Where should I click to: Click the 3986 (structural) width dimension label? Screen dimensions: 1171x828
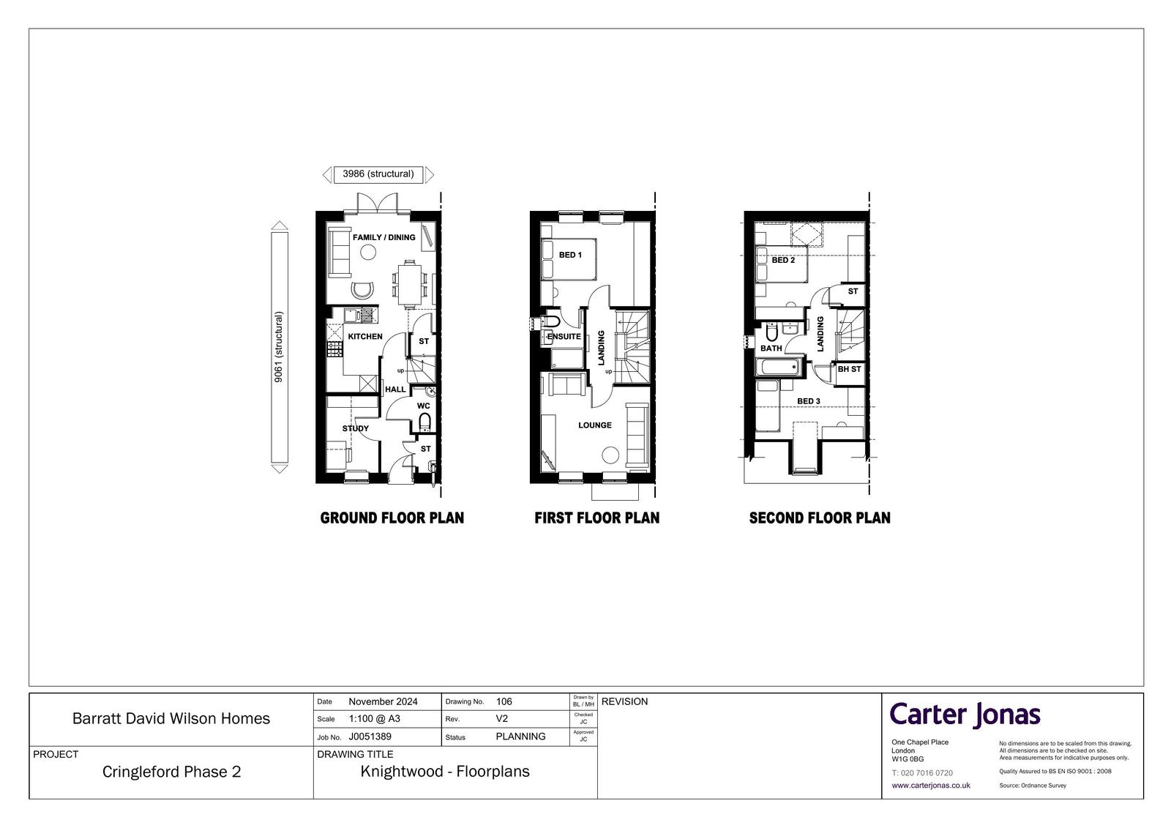pos(378,174)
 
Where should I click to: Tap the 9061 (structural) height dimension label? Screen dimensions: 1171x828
pos(279,347)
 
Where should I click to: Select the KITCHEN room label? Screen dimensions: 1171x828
pos(365,336)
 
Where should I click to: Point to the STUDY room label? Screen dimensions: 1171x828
pos(356,428)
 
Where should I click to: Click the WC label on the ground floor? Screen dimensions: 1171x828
pos(424,406)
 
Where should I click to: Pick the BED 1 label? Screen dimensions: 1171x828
pos(570,255)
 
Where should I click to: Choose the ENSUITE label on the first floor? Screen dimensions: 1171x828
pos(564,336)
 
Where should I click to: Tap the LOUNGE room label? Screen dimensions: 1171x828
pos(595,425)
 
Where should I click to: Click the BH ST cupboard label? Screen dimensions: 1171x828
pos(849,369)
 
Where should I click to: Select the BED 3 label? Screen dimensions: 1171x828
pos(809,401)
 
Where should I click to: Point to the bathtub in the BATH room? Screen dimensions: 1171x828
pos(779,367)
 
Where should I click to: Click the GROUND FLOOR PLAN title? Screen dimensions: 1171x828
pos(392,518)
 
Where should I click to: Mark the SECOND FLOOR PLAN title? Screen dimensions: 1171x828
pos(820,518)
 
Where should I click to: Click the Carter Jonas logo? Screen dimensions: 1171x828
pos(965,715)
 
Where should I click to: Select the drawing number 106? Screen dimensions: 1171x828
pos(504,701)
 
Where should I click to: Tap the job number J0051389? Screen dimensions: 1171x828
pos(370,736)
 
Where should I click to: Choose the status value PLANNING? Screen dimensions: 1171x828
pos(520,736)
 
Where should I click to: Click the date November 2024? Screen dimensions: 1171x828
pos(384,701)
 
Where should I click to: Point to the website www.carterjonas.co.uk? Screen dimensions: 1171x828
pos(931,785)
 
